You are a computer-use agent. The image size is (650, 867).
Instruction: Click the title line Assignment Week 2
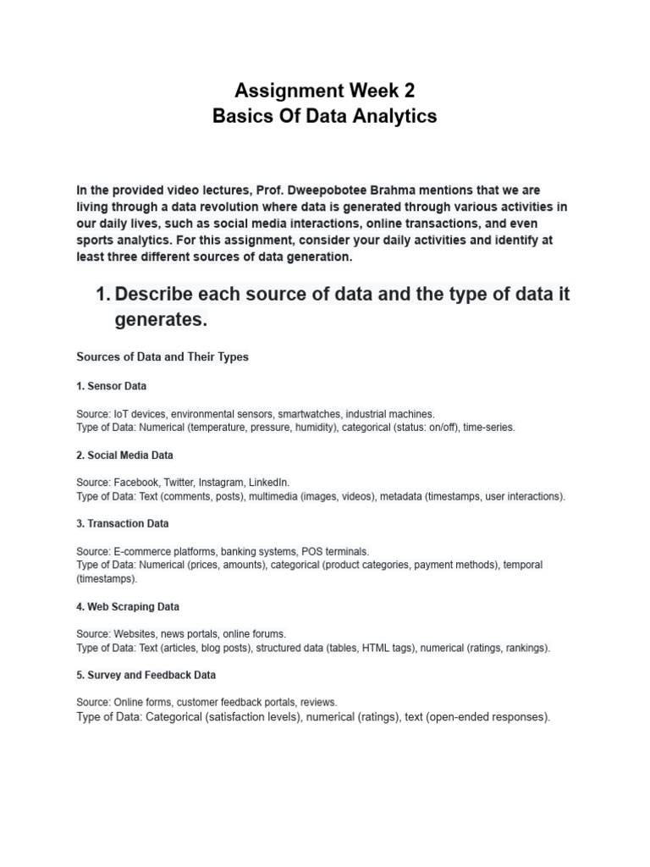click(x=325, y=90)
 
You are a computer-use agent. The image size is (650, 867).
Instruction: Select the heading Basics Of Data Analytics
click(x=325, y=116)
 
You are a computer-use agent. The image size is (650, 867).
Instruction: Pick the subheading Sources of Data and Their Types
click(x=162, y=357)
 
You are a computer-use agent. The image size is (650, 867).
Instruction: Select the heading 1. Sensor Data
click(x=111, y=386)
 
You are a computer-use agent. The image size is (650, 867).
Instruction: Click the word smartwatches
click(x=309, y=414)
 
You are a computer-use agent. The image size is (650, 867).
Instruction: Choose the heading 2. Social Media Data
click(x=124, y=456)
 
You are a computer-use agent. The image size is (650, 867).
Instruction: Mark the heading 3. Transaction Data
click(x=122, y=524)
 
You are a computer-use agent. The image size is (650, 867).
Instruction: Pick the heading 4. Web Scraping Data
click(x=128, y=607)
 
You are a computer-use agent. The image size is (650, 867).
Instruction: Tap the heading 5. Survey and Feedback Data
click(x=146, y=676)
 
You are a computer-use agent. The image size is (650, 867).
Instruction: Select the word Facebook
click(x=136, y=483)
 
